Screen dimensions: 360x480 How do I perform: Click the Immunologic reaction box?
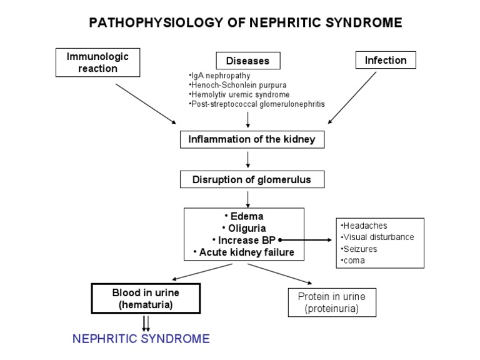click(x=97, y=62)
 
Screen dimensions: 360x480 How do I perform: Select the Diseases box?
click(x=248, y=61)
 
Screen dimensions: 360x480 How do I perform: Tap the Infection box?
click(x=386, y=61)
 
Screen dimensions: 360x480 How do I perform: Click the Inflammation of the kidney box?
click(x=252, y=139)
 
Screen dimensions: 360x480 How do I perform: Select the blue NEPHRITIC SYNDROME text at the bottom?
click(x=141, y=339)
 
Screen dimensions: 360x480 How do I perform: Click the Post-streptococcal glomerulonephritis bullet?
click(x=256, y=103)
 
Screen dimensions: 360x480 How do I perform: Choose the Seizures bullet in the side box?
click(x=360, y=249)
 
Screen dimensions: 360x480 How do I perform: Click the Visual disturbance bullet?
click(x=377, y=237)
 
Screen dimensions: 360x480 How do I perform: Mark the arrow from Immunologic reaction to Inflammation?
click(x=146, y=103)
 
